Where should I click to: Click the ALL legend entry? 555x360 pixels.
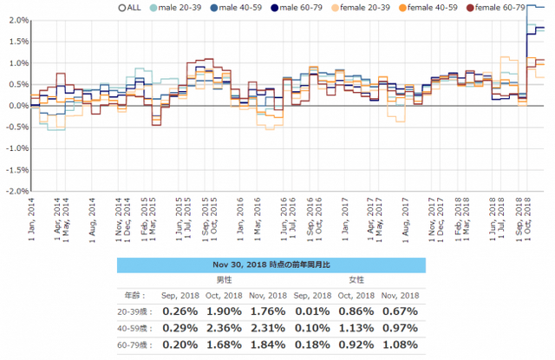click(126, 7)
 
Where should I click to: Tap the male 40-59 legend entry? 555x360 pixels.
click(243, 7)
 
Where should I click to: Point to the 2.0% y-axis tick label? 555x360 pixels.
click(16, 21)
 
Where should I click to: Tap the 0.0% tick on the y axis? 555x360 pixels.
click(16, 106)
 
